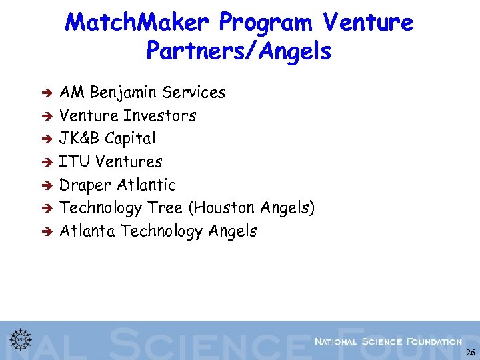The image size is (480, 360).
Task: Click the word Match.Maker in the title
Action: [137, 23]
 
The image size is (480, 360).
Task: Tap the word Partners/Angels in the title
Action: [238, 51]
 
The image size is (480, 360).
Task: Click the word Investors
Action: [160, 116]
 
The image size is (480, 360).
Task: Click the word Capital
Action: [130, 139]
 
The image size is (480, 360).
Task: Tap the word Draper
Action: [85, 185]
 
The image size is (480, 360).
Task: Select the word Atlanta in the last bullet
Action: [88, 231]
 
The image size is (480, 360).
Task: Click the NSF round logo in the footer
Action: [21, 339]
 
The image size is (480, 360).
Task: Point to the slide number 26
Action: [471, 353]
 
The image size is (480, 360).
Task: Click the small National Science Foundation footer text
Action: [388, 341]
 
